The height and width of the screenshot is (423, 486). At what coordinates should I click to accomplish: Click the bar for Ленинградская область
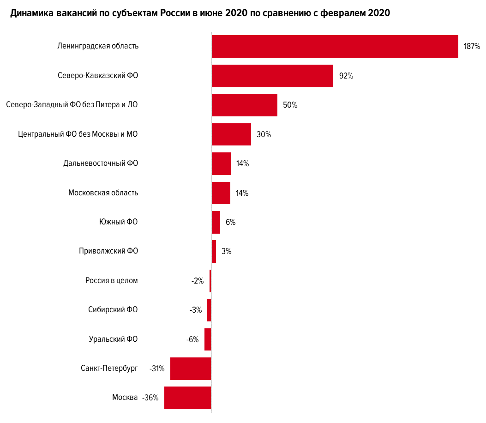[335, 46]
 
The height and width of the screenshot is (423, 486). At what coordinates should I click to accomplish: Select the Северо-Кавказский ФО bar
[272, 76]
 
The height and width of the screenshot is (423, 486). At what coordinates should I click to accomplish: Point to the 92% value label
[346, 76]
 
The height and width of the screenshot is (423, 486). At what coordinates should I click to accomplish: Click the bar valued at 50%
[244, 105]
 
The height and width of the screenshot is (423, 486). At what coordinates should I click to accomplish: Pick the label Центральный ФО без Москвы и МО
[78, 134]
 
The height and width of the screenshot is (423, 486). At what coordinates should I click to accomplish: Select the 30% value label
[264, 135]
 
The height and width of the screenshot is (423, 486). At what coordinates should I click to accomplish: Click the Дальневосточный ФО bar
[221, 163]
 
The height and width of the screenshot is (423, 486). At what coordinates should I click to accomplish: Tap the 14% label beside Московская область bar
[242, 193]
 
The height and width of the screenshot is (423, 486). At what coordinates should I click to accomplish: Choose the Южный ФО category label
[119, 222]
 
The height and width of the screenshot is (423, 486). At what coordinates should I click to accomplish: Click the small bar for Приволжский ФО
[214, 251]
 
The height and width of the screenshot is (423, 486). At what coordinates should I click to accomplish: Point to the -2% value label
[197, 281]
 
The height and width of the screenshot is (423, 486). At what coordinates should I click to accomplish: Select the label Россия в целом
[112, 280]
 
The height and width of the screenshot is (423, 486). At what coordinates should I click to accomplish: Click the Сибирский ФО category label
[113, 310]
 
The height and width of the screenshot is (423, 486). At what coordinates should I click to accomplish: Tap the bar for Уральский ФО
[208, 339]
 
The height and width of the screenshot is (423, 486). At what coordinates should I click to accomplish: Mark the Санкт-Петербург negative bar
[191, 369]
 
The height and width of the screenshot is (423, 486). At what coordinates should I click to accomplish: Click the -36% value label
[150, 398]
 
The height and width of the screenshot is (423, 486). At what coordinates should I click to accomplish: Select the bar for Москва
[187, 398]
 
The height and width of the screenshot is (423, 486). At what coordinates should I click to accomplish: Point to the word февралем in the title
[340, 13]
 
